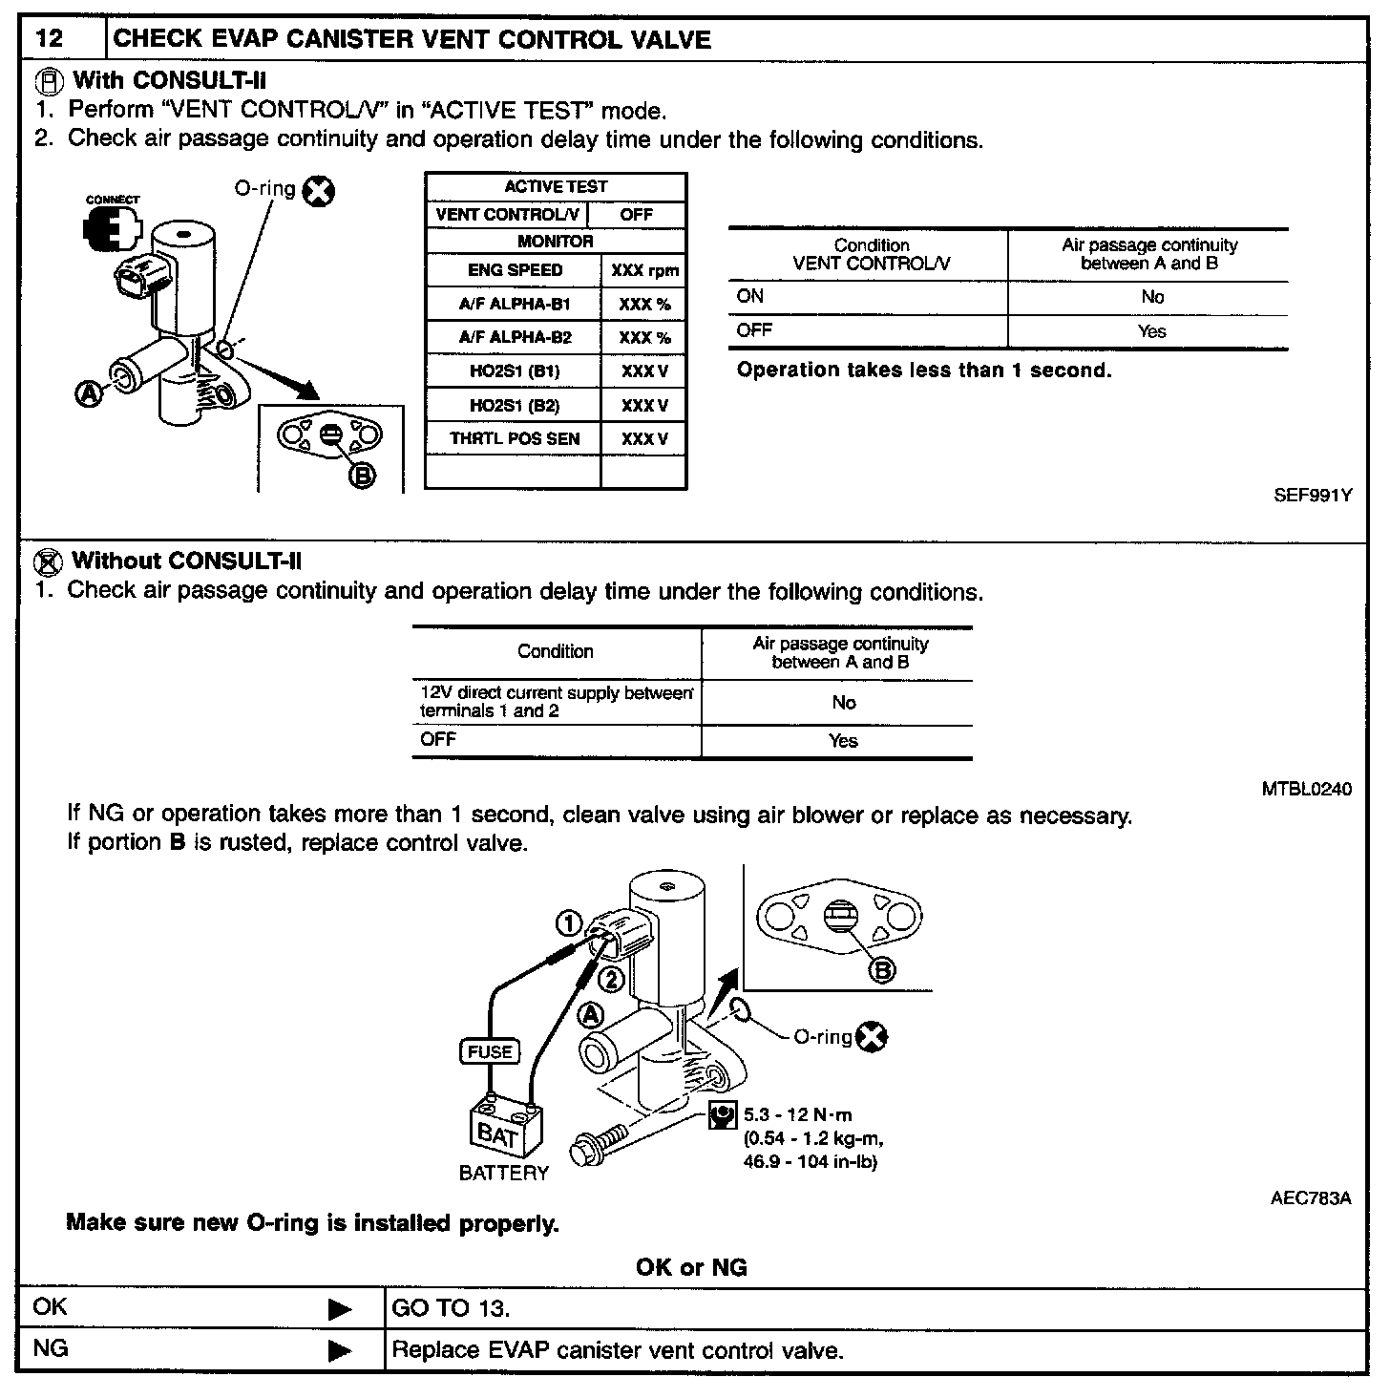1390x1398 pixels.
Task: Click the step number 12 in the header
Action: coord(50,40)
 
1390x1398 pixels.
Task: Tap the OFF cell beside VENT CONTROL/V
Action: coord(637,215)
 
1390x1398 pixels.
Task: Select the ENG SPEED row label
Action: coord(515,270)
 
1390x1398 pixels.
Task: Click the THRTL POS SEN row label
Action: coord(515,439)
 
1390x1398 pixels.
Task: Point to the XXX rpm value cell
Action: coord(644,270)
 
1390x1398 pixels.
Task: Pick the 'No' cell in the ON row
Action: coord(1152,297)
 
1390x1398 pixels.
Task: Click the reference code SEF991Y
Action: coord(1313,496)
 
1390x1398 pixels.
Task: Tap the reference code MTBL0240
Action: coord(1306,790)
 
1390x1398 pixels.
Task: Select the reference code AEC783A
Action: coord(1310,1198)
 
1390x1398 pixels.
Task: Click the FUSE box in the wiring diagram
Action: coord(490,1051)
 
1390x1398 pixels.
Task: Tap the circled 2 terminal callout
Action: coord(611,980)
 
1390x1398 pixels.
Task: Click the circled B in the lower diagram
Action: coord(883,970)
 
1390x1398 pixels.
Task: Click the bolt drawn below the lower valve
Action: coord(600,1138)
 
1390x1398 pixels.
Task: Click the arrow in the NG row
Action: coord(339,1350)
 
